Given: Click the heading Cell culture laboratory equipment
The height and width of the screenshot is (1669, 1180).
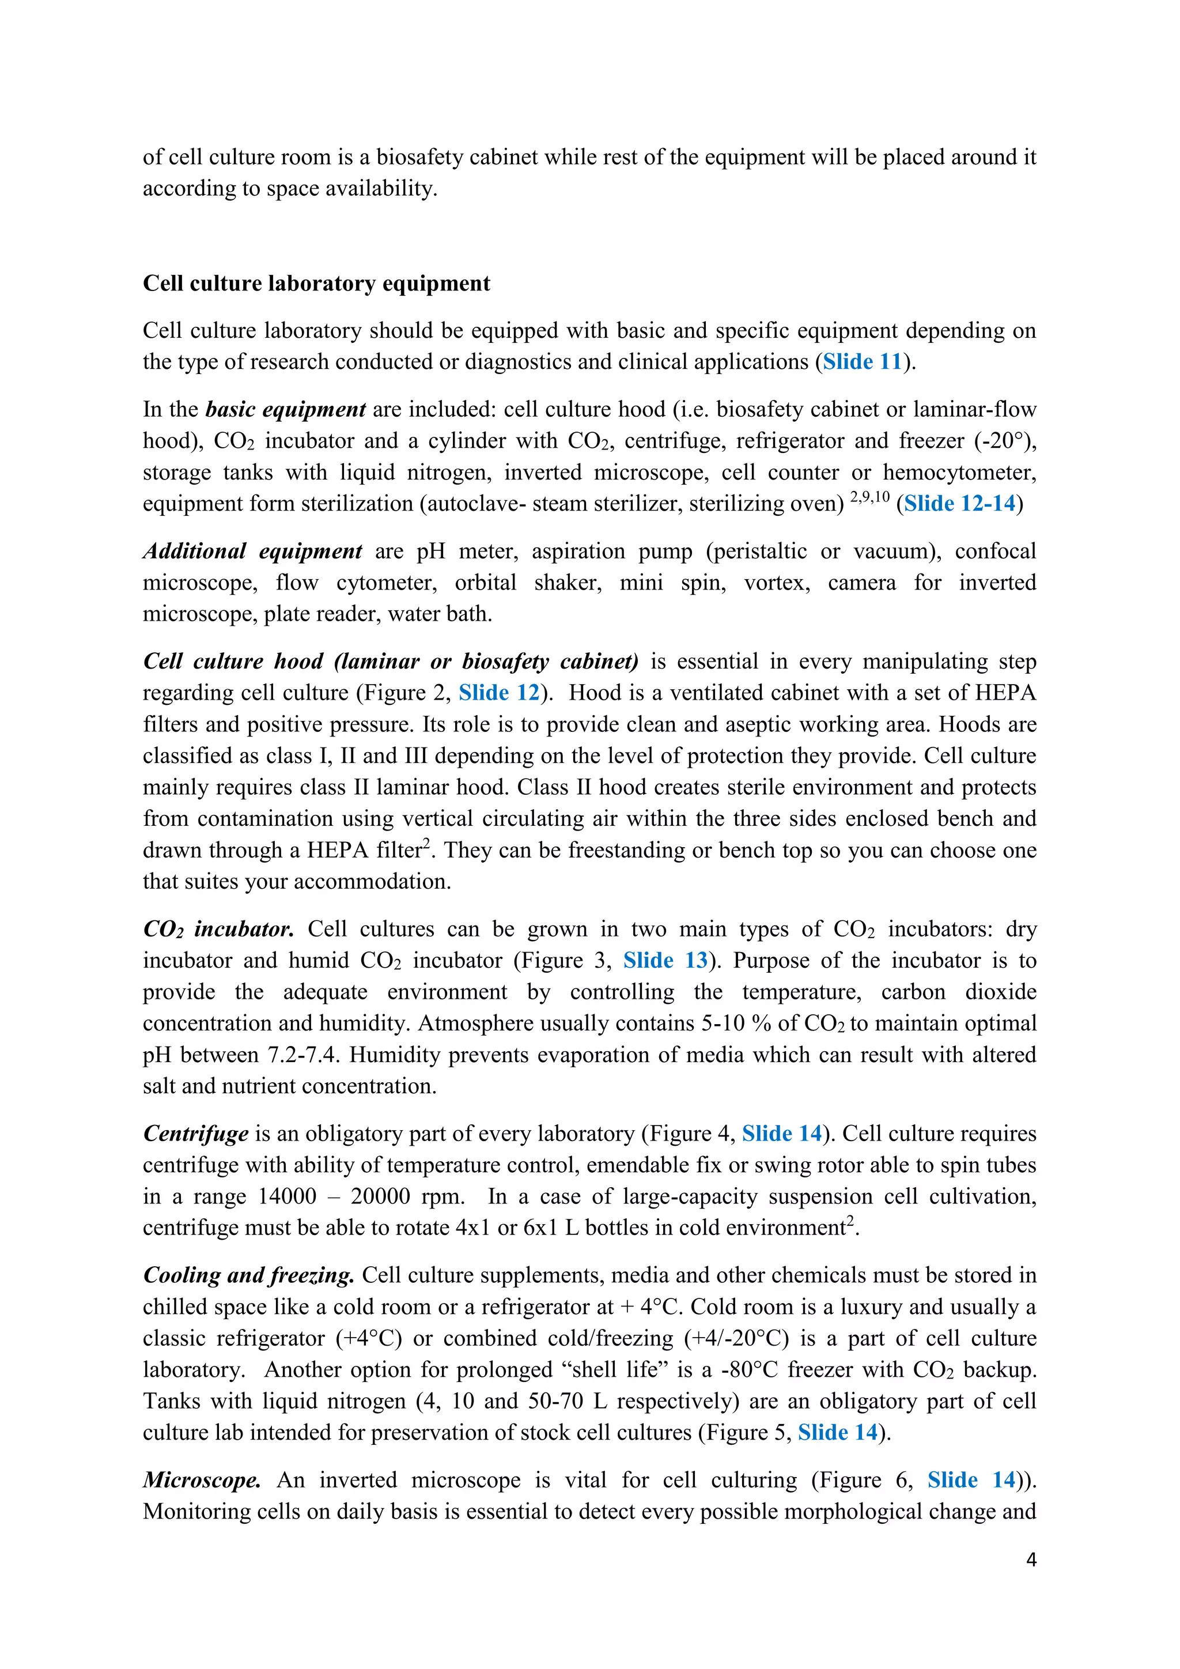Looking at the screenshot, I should [x=316, y=283].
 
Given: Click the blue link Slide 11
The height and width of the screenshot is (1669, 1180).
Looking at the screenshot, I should [x=862, y=361].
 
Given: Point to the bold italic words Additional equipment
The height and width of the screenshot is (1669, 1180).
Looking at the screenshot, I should [x=252, y=551].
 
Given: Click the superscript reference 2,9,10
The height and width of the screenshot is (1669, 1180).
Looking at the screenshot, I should [x=869, y=497].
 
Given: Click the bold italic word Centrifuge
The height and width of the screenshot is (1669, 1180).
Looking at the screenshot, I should [x=195, y=1133].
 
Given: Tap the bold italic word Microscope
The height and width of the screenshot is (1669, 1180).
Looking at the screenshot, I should [x=201, y=1480].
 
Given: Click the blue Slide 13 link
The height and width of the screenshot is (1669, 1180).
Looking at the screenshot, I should [x=665, y=960].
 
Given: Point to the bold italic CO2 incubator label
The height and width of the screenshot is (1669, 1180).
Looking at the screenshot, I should [x=218, y=929].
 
